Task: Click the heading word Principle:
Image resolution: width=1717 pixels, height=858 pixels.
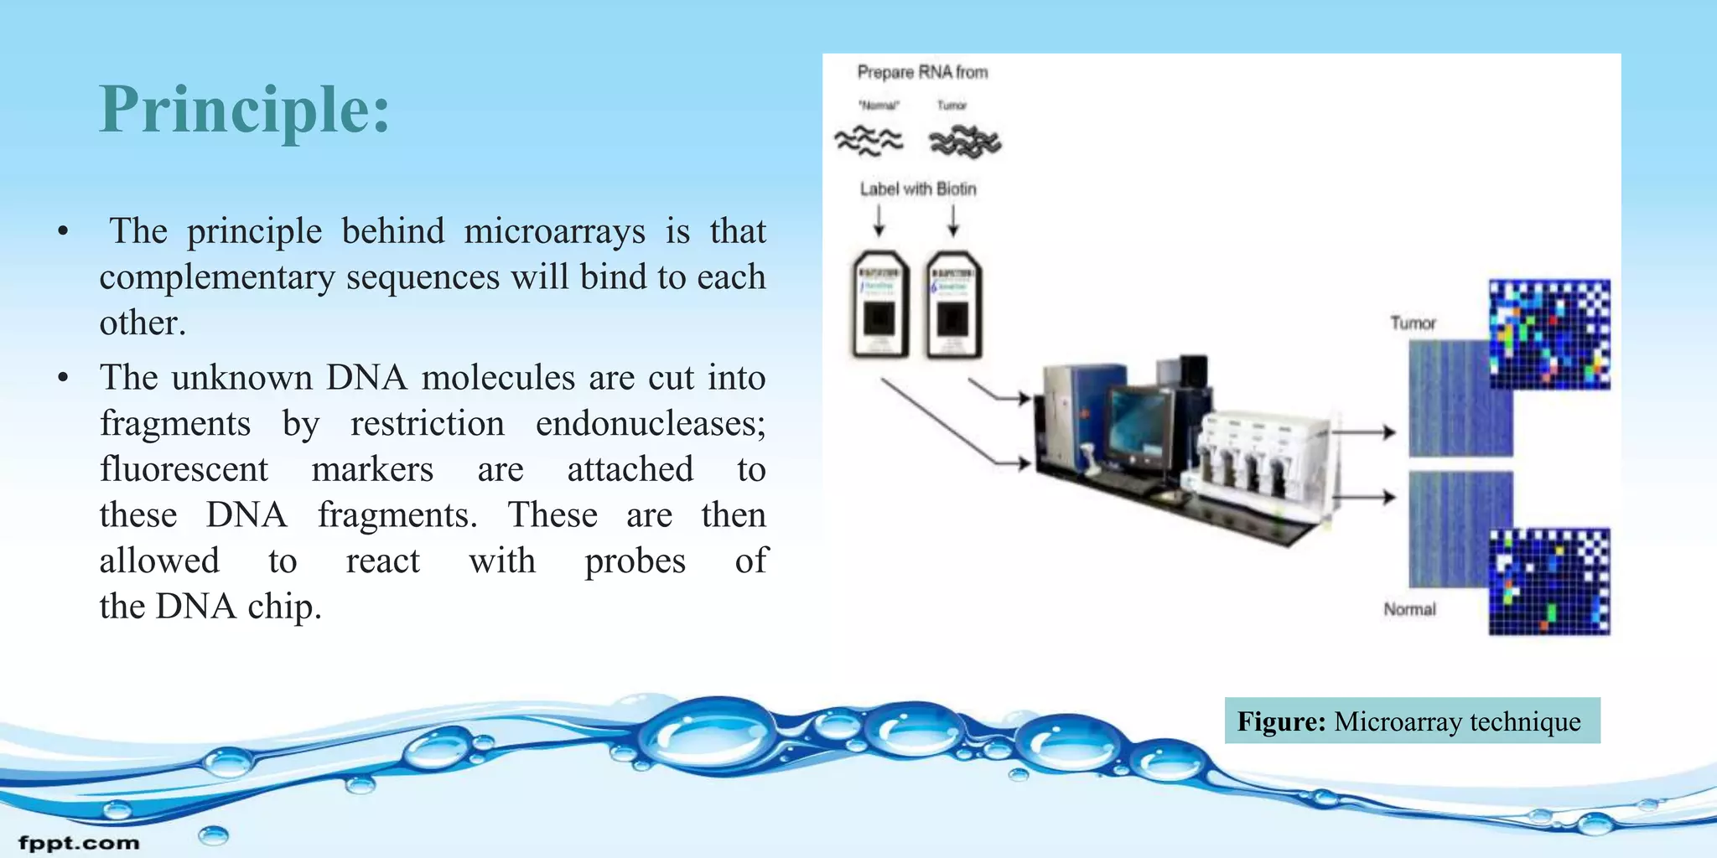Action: click(x=245, y=109)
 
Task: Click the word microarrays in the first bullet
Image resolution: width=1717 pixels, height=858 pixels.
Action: click(x=554, y=231)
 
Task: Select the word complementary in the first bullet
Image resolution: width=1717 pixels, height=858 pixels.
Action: click(x=217, y=277)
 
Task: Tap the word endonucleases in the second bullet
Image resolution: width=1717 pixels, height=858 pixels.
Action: click(x=650, y=424)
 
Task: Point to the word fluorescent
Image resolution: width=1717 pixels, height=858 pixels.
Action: click(x=184, y=469)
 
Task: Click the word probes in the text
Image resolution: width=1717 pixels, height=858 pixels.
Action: click(x=635, y=561)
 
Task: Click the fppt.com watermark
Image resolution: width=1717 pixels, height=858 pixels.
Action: click(x=80, y=843)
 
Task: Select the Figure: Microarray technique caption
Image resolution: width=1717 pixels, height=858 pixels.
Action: click(x=1412, y=721)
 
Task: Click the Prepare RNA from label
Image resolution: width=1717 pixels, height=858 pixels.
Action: click(x=922, y=73)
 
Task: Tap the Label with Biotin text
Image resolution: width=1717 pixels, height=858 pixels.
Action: click(x=918, y=189)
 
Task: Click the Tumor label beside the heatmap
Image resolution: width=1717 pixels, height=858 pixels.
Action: click(x=1413, y=323)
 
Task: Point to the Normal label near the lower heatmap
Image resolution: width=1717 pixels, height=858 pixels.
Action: click(x=1409, y=609)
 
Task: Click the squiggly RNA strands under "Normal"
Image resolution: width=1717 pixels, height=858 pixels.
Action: click(x=869, y=141)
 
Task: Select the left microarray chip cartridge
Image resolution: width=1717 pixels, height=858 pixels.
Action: click(x=880, y=305)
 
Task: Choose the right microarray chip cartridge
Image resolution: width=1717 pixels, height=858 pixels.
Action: click(x=954, y=305)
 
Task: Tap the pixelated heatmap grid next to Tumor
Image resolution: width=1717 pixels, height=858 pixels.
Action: click(x=1549, y=334)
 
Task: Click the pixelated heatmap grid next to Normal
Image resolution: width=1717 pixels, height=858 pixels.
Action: click(x=1549, y=581)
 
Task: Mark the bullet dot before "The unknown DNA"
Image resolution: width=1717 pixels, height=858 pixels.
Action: click(x=63, y=379)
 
